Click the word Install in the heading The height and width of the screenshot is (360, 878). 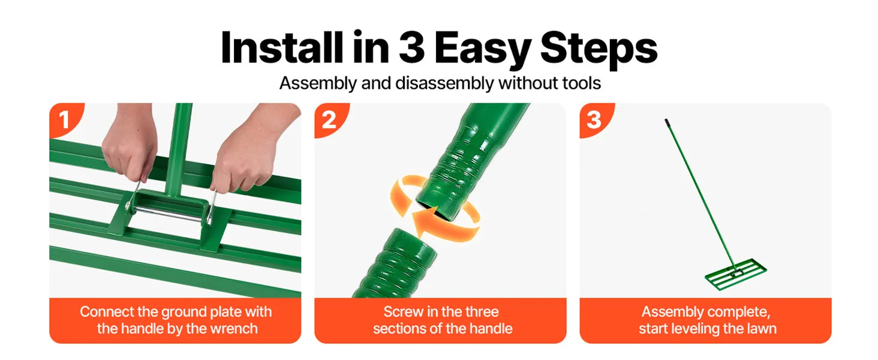(x=282, y=47)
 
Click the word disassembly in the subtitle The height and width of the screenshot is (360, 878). (x=444, y=83)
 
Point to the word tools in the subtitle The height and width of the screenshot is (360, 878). (x=582, y=83)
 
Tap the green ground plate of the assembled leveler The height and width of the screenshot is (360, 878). (x=736, y=274)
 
